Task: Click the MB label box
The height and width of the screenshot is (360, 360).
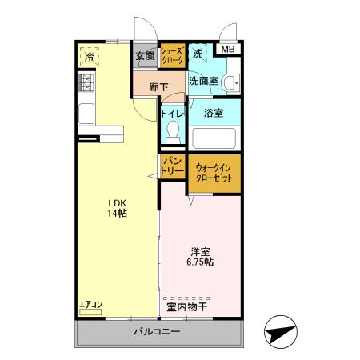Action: (x=229, y=50)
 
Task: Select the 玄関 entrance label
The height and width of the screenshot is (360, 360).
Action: (x=145, y=56)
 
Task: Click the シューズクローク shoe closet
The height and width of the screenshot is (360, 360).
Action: (x=172, y=56)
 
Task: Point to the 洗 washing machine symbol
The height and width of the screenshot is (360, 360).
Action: (x=198, y=54)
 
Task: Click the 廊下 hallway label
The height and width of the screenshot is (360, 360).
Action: (x=158, y=86)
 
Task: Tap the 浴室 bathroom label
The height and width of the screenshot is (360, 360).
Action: (x=213, y=113)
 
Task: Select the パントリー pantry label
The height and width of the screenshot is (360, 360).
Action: (x=173, y=166)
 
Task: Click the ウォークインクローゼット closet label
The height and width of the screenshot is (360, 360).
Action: (x=214, y=173)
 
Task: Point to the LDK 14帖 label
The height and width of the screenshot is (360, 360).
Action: (x=118, y=207)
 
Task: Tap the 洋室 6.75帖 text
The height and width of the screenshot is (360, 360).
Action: (x=199, y=256)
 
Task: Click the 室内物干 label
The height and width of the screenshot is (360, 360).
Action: (x=187, y=306)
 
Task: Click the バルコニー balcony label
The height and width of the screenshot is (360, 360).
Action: (x=156, y=332)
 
